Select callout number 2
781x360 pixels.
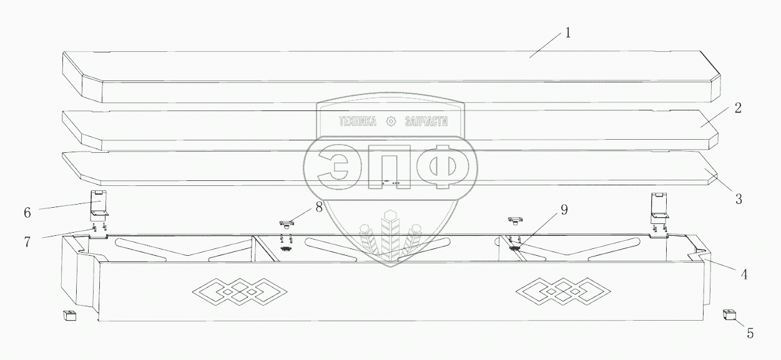click(738, 108)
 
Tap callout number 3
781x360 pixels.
click(738, 200)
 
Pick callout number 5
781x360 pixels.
click(750, 334)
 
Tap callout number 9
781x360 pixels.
click(564, 210)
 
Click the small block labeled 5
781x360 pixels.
click(728, 314)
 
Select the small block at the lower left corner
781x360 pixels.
click(69, 316)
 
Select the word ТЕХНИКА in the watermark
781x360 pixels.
click(357, 122)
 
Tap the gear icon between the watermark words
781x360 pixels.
click(391, 122)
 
